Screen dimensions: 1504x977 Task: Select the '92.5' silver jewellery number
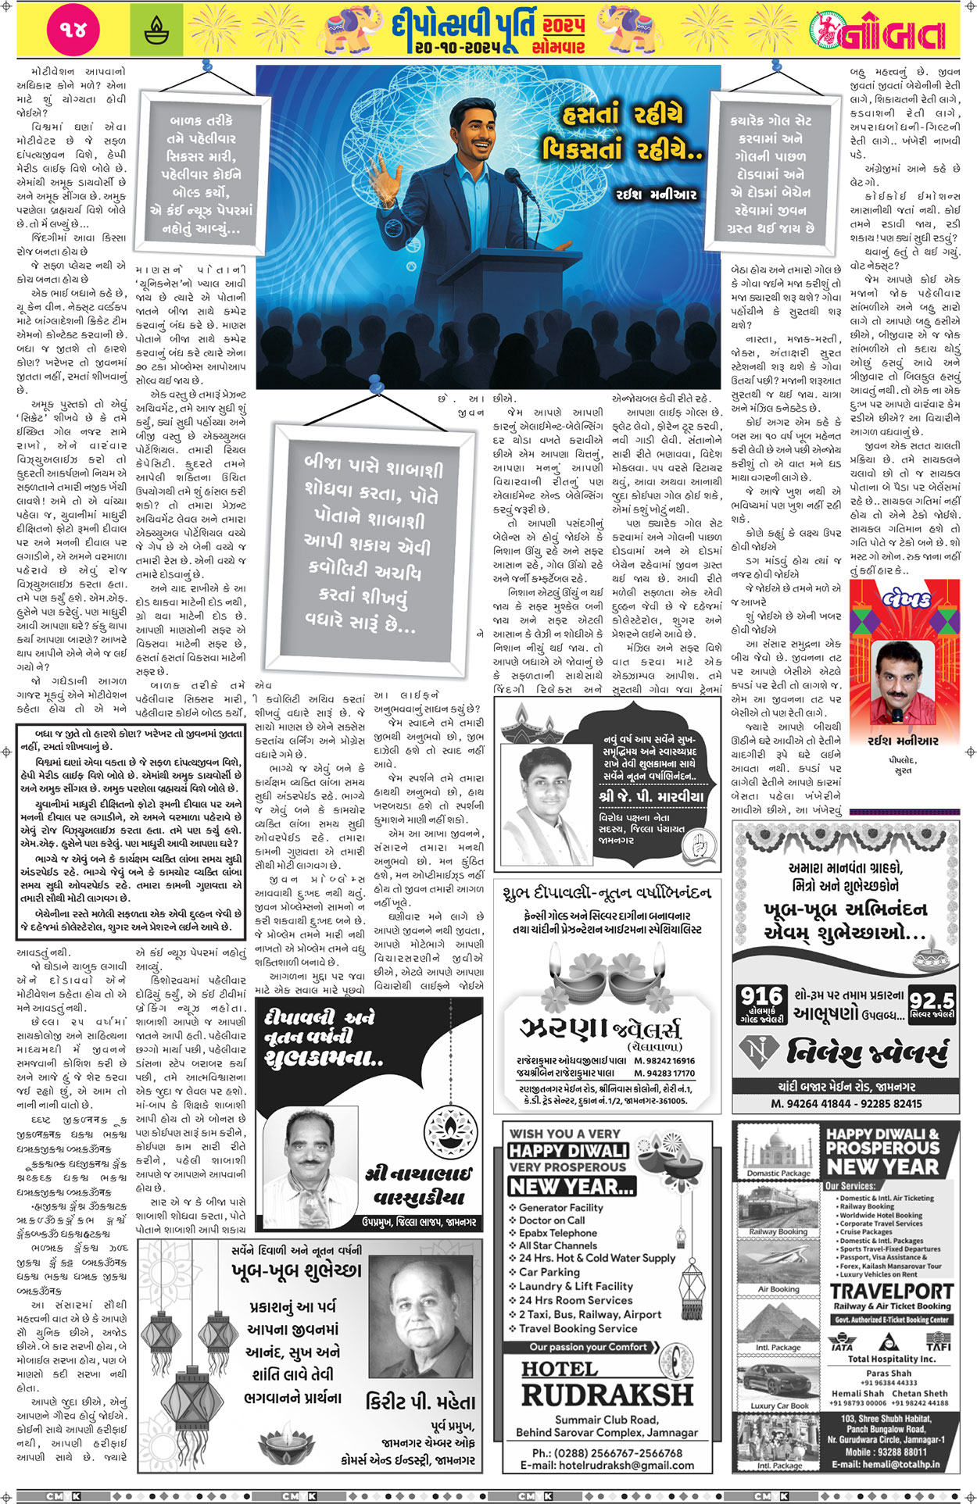[932, 1000]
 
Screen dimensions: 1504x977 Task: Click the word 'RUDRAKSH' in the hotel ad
[607, 1394]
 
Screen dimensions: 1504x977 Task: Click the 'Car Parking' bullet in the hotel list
[549, 1271]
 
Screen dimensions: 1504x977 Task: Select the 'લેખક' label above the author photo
[904, 599]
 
